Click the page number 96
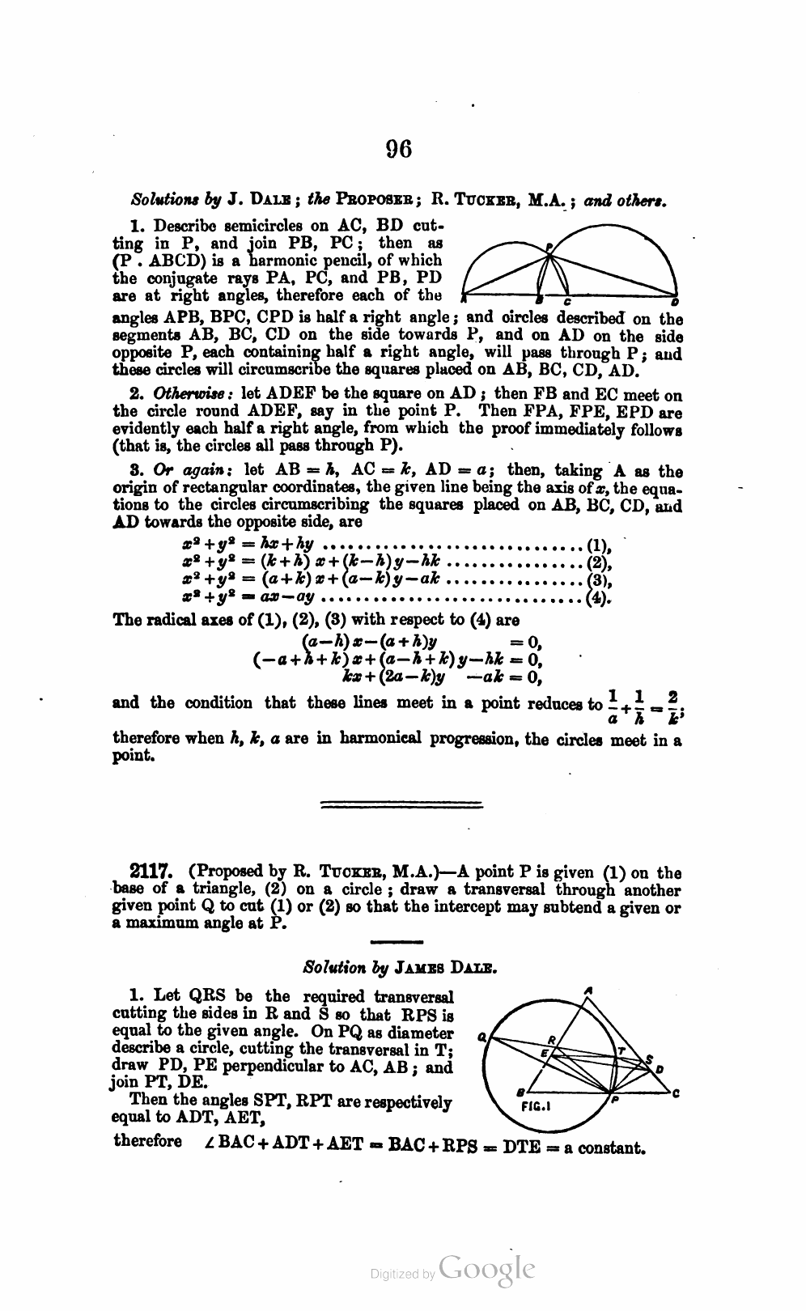[400, 149]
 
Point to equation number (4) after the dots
[598, 599]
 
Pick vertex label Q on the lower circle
[481, 1036]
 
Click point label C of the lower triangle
[675, 1095]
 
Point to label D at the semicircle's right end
[675, 302]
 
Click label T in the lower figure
[621, 1050]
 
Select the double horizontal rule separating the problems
[402, 804]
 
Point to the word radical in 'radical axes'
[179, 621]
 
